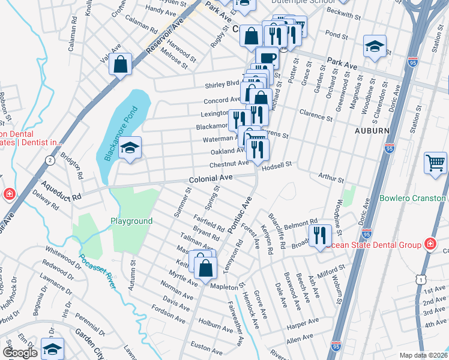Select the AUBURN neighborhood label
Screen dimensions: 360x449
(372, 130)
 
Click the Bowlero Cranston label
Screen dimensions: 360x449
(414, 199)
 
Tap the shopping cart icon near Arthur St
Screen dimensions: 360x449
(435, 163)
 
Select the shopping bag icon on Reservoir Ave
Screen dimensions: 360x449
(121, 64)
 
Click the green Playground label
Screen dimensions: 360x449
(131, 221)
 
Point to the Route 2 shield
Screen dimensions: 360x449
(49, 159)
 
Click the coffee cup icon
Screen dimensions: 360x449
(267, 58)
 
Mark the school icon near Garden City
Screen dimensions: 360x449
(53, 348)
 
